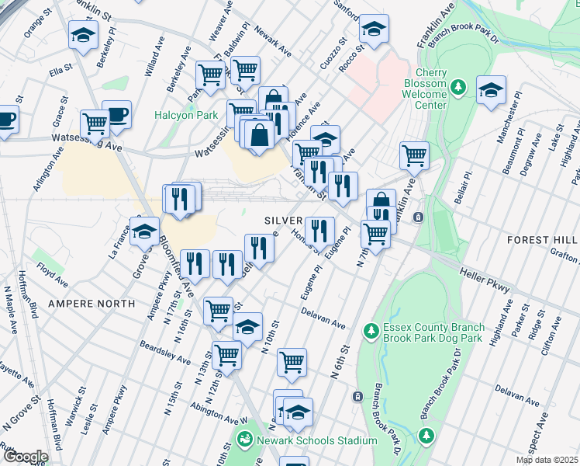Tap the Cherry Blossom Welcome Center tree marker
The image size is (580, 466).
coord(458,84)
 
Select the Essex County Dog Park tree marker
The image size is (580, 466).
coord(371,332)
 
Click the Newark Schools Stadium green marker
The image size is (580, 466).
coord(246,440)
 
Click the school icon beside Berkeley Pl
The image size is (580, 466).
coord(83,35)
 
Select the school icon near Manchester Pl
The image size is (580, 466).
coord(491,91)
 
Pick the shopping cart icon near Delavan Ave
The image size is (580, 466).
coord(292,361)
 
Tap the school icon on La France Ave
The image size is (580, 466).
coord(144,231)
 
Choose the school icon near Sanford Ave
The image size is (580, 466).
coord(374,30)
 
